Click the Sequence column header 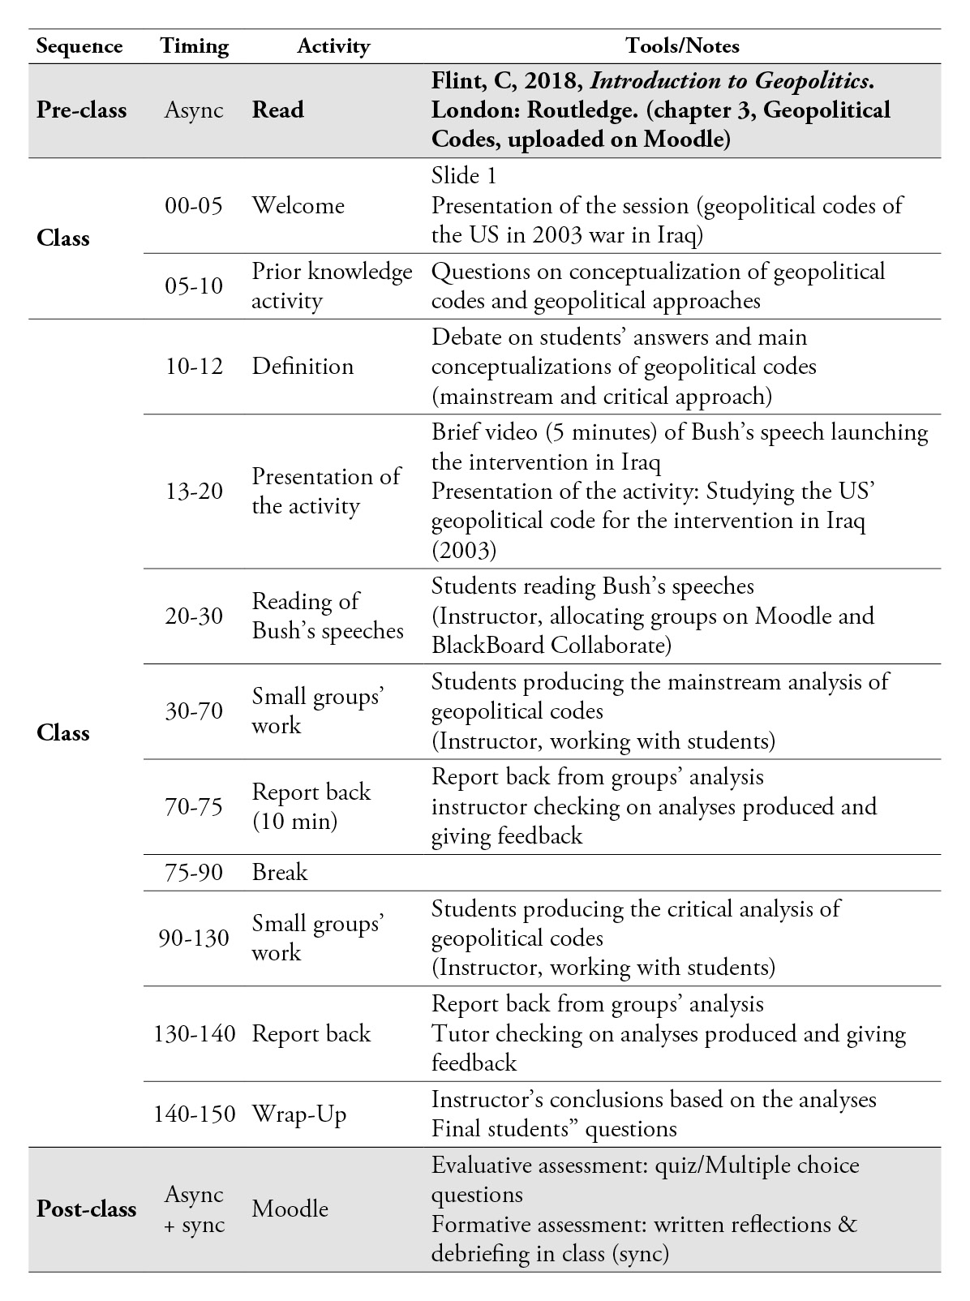(79, 46)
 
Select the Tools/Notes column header (682, 46)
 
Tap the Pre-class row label (81, 110)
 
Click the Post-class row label (87, 1209)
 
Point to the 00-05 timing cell (194, 205)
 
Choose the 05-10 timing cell (194, 286)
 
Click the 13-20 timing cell (194, 491)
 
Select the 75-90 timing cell (194, 872)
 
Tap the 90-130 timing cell (194, 938)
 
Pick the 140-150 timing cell (194, 1114)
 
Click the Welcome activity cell (298, 205)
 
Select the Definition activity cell (303, 366)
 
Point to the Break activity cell (280, 872)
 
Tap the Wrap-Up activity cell (298, 1114)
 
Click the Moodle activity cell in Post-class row (290, 1209)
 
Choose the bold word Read (277, 110)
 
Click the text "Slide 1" (464, 176)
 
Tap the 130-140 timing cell (194, 1033)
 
